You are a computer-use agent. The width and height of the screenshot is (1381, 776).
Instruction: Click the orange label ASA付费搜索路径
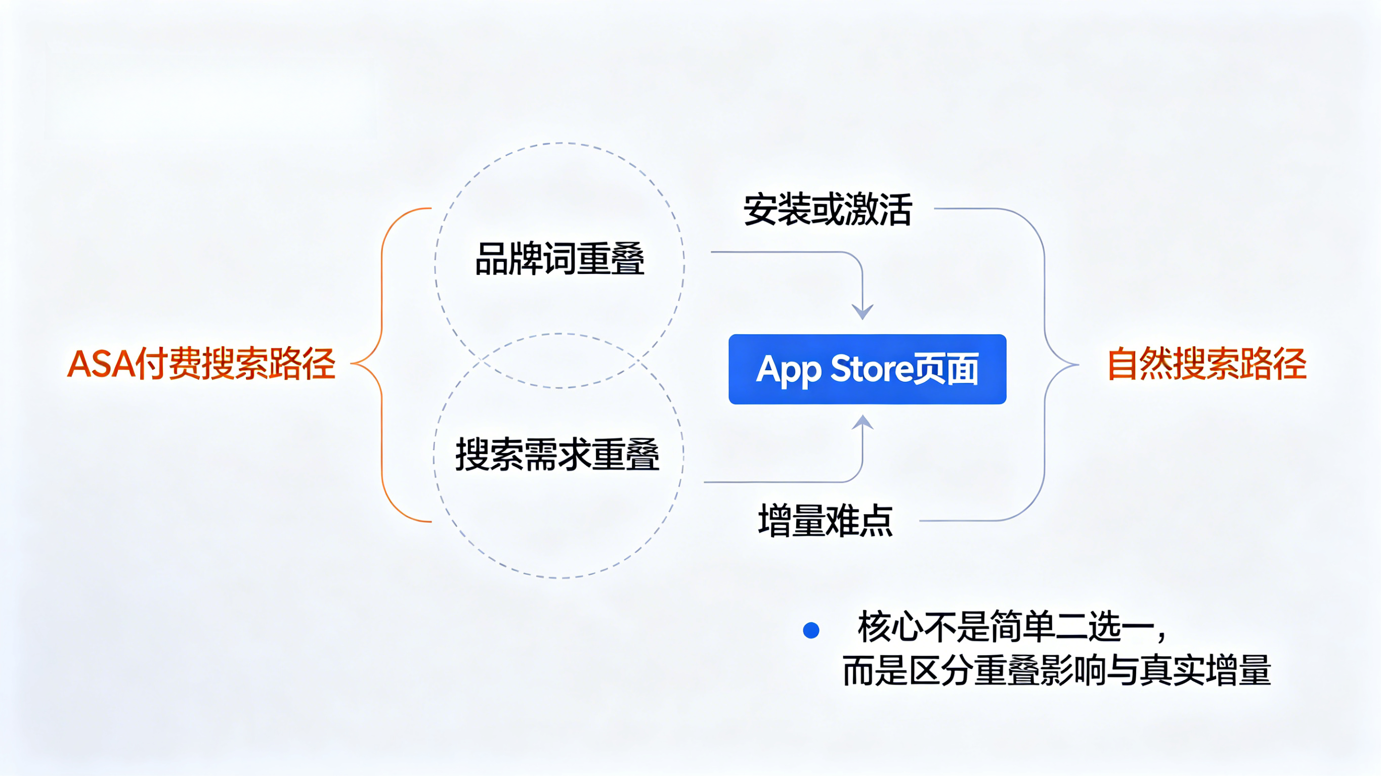click(x=201, y=364)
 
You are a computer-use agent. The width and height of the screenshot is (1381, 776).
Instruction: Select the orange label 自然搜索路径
click(x=1207, y=364)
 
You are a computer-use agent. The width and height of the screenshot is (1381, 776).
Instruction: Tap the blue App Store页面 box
click(x=867, y=369)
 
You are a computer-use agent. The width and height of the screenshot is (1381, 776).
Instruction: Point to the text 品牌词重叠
click(x=559, y=259)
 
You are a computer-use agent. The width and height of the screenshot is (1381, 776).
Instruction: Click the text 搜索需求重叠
click(x=557, y=454)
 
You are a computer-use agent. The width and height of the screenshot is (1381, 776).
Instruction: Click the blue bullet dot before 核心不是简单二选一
click(x=811, y=630)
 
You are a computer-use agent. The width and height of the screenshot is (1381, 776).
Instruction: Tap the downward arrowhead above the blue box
click(x=862, y=312)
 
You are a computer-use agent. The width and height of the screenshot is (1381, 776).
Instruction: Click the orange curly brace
click(x=382, y=364)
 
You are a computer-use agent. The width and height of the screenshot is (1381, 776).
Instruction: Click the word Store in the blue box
click(x=871, y=369)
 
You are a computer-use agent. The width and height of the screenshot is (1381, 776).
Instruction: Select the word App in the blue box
click(x=788, y=370)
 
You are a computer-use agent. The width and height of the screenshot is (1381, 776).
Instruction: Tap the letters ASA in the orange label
click(x=101, y=364)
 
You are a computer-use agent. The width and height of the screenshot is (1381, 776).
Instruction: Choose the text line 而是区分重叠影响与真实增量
click(x=1056, y=670)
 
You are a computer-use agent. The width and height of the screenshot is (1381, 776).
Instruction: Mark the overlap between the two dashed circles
click(x=559, y=360)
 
